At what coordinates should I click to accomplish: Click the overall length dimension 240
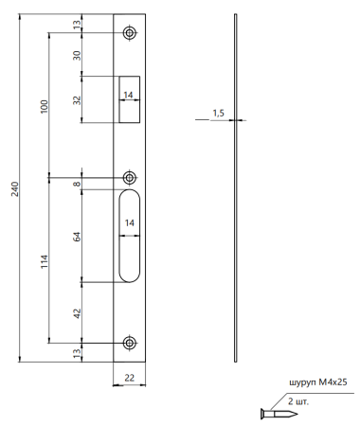[13, 189]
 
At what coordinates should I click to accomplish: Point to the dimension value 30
[78, 55]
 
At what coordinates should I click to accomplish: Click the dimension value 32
[78, 100]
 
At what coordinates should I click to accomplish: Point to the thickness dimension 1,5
[219, 114]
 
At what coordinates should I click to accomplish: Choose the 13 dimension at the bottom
[78, 352]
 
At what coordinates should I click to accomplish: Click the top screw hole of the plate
[130, 34]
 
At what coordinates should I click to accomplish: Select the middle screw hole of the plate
[130, 177]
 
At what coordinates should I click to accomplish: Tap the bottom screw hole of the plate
[130, 343]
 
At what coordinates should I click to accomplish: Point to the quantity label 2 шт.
[299, 401]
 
